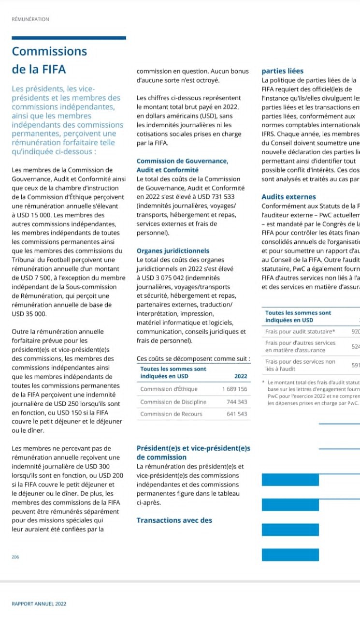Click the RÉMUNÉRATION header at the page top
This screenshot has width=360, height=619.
coord(30,19)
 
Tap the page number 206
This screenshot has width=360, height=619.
coord(15,557)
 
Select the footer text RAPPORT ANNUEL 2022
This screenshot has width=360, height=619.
coord(39,604)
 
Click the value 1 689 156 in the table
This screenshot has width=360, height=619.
coord(234,389)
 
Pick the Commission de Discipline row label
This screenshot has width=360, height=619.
coord(173,402)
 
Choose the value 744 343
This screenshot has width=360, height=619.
coord(237,402)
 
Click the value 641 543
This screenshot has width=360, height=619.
coord(237,414)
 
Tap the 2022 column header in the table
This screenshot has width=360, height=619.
coord(240,376)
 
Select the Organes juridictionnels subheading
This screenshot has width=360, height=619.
coord(173,251)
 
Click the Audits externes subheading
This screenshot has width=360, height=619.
coord(288,197)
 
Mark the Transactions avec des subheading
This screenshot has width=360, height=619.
coord(174,520)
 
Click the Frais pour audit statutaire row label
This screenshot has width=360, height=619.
coord(300,332)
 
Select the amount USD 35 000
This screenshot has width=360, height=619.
coord(29,313)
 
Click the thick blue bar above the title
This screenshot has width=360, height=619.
coord(69,38)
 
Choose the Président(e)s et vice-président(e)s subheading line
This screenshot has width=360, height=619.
coord(193,448)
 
